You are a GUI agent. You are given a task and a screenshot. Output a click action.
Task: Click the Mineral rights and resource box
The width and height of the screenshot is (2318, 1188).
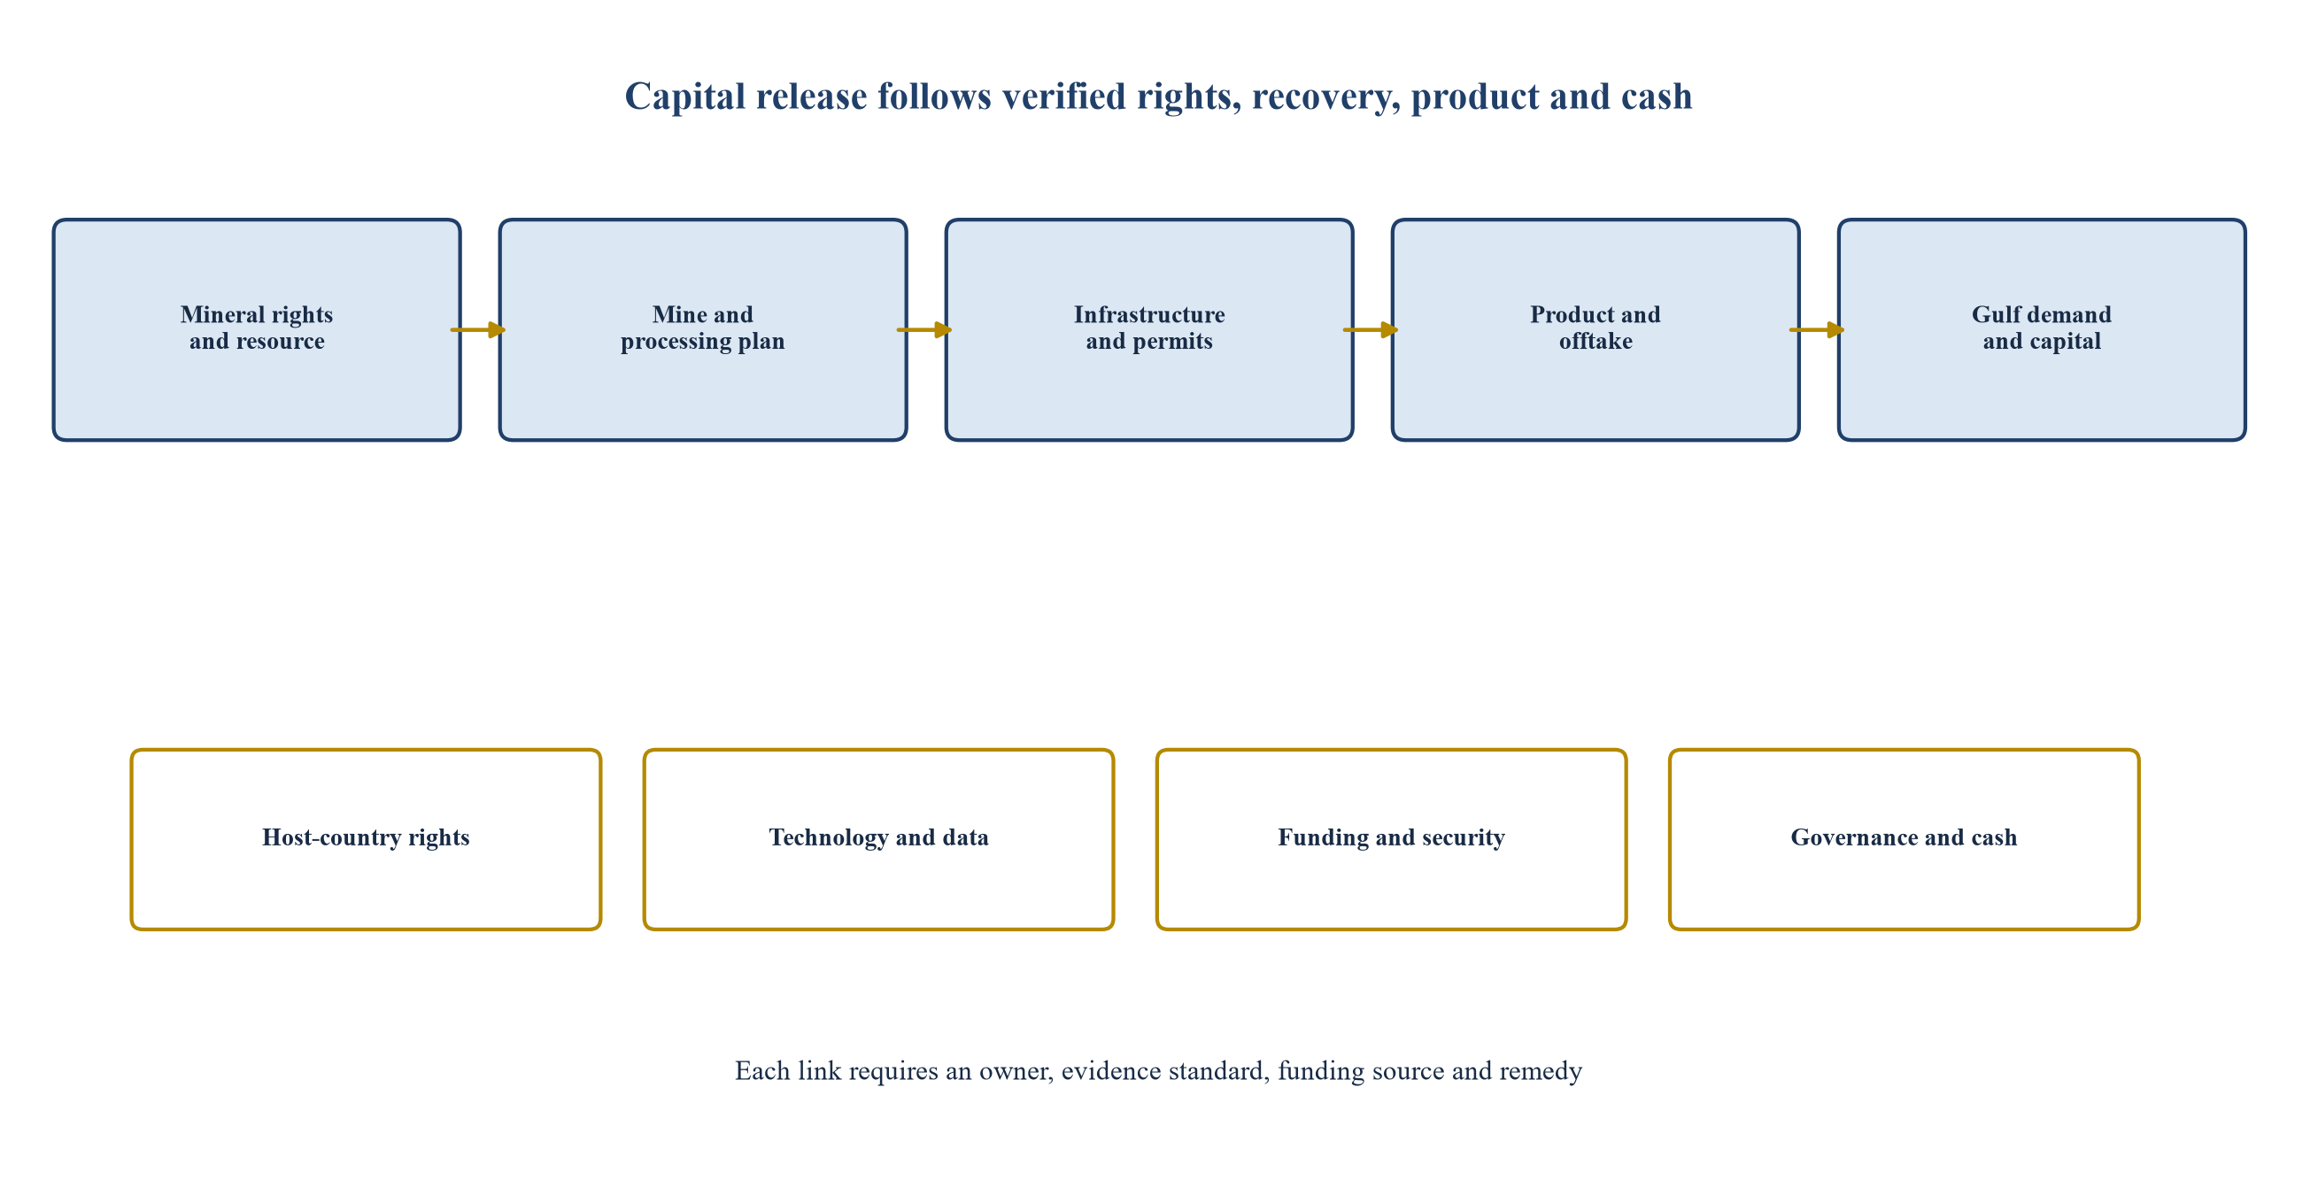[x=257, y=329]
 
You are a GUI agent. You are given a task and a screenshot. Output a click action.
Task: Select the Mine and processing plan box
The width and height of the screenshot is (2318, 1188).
[x=703, y=329]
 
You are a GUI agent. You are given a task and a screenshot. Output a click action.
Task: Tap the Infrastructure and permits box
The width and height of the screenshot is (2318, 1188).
[x=1149, y=329]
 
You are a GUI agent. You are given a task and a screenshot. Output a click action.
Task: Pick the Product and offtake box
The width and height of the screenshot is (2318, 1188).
[x=1596, y=329]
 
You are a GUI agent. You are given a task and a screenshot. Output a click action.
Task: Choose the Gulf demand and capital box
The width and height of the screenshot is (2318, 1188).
[x=2042, y=329]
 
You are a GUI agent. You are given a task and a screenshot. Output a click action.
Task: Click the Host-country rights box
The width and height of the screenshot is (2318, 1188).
[x=366, y=839]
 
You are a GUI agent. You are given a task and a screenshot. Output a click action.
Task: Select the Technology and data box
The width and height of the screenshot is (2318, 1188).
[x=878, y=839]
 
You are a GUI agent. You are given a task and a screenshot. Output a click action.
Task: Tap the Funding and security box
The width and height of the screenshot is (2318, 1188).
[x=1391, y=839]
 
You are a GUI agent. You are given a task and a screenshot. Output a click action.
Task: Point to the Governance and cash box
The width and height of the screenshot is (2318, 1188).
[x=1904, y=839]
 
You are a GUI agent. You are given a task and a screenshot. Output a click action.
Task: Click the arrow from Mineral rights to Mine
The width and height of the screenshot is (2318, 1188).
[x=478, y=330]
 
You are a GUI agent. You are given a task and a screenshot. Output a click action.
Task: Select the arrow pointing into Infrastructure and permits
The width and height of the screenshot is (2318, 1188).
[x=924, y=330]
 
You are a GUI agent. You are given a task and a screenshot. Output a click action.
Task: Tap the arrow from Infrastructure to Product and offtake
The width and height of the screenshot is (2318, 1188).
[x=1371, y=330]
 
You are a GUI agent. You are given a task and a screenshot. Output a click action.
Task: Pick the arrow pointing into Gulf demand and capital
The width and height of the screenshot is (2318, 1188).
[x=1817, y=330]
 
